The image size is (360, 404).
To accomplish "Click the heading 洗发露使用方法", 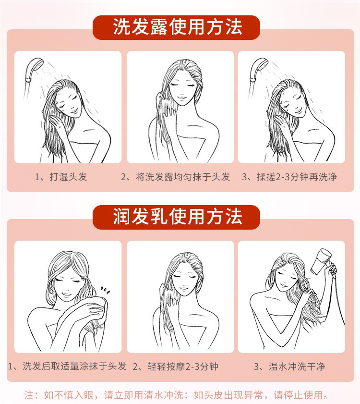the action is (x=178, y=27).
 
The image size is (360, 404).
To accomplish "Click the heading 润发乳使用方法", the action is (x=178, y=217).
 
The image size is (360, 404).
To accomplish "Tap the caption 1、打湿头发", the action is (x=61, y=177).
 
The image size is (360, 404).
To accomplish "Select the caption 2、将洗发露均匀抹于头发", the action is (x=175, y=177).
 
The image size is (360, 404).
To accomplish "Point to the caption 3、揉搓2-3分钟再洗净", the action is (x=289, y=177).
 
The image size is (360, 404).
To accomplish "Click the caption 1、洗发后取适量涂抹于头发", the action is (x=67, y=366).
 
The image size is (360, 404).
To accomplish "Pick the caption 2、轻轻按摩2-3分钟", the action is (x=176, y=367).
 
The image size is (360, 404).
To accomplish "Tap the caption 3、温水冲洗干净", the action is (x=289, y=367).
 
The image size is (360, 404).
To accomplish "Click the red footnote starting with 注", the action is (x=176, y=395).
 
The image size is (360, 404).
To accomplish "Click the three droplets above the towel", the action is (x=105, y=290).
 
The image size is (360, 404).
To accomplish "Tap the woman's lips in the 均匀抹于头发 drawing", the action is (x=181, y=98).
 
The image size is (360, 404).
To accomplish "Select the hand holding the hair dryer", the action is (x=333, y=269).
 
